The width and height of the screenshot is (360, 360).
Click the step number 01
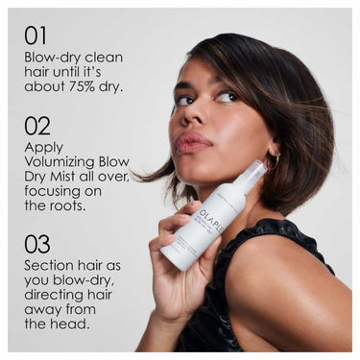tap(36, 36)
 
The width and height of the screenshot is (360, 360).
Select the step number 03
tap(36, 245)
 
